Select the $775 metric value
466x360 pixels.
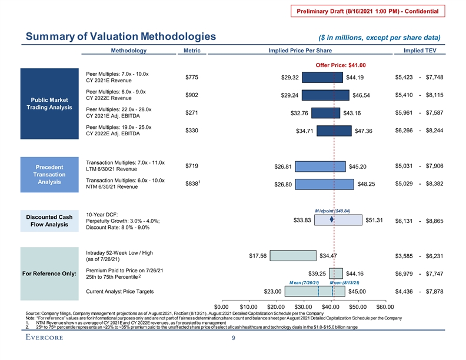pos(192,78)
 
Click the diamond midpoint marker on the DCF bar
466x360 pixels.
pos(333,220)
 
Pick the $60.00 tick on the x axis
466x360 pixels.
pos(385,306)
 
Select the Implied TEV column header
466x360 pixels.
pos(418,51)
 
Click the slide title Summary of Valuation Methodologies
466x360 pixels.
pos(121,37)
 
